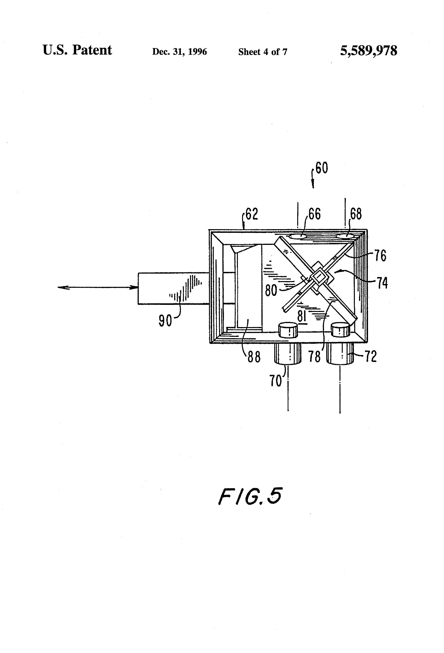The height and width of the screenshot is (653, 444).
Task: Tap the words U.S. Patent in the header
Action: coord(77,50)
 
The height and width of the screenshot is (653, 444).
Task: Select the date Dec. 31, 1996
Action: coord(179,52)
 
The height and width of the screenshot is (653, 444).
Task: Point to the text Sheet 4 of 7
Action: coord(263,52)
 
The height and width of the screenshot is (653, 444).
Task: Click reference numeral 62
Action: coord(251,214)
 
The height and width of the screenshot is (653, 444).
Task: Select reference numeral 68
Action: coord(356,214)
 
